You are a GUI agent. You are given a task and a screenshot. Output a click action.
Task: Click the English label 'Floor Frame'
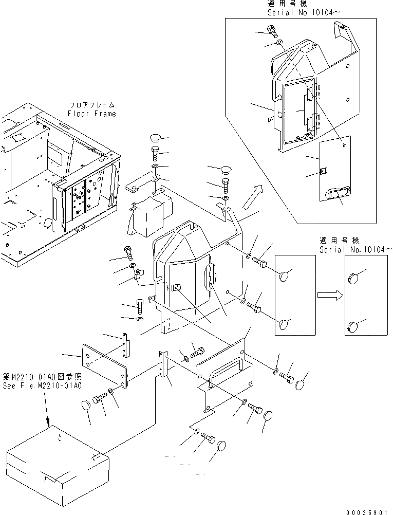pos(92,114)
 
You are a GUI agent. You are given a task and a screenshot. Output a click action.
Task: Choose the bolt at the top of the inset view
pos(271,30)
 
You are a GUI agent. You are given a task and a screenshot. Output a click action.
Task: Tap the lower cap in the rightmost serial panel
pos(353,325)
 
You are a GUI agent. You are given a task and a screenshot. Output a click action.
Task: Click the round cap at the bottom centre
pos(222,445)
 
